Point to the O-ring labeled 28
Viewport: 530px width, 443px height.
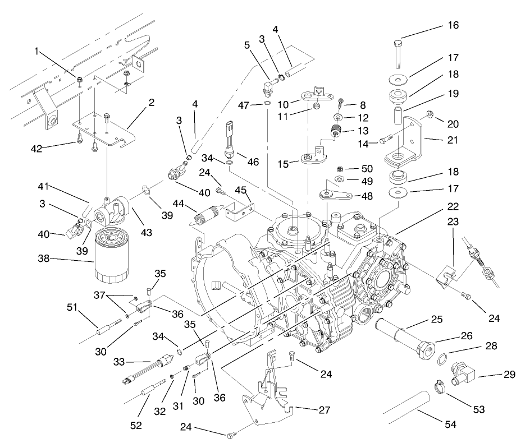(x=442, y=359)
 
